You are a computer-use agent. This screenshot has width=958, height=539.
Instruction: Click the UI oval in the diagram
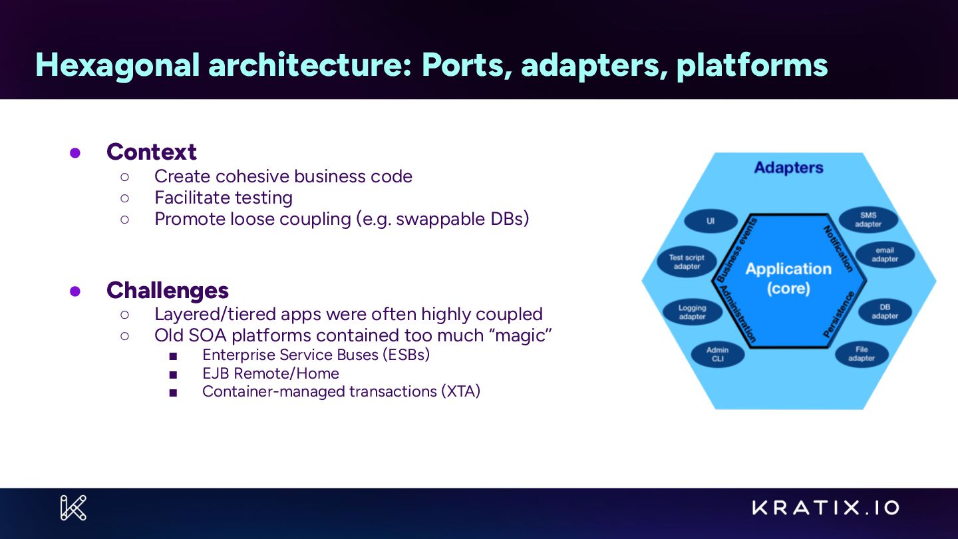[711, 222]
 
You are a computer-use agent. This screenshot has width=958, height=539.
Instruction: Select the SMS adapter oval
[868, 220]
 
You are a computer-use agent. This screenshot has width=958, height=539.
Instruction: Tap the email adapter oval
[884, 255]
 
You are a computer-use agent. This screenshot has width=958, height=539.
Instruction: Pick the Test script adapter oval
[687, 262]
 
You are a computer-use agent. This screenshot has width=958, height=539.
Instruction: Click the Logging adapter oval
[692, 312]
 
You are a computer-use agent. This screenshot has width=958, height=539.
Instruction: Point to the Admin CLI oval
[717, 354]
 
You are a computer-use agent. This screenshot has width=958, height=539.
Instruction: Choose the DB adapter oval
[884, 311]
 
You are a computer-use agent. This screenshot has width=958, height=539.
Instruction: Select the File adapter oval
[861, 353]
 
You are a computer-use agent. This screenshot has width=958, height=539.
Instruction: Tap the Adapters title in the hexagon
[788, 168]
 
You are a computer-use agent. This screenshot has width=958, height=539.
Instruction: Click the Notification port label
[838, 248]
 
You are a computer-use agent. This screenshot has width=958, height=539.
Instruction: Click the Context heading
[152, 152]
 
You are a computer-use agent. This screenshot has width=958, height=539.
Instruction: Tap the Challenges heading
[168, 290]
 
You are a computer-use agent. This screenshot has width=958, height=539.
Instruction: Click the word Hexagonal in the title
[117, 65]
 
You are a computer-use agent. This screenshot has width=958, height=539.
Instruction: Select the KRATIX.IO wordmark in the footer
[826, 508]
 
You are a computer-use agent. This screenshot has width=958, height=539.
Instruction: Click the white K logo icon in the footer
[73, 508]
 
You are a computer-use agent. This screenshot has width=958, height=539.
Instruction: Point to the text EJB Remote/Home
[271, 373]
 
